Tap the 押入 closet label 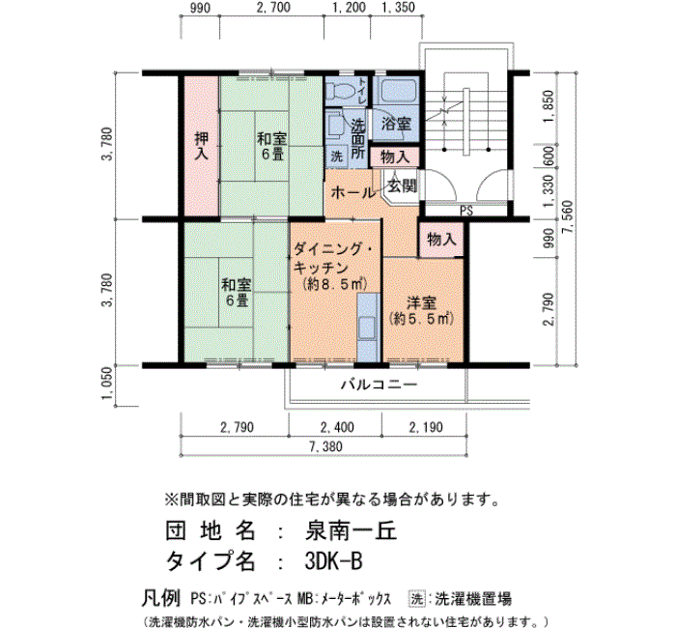point(201,146)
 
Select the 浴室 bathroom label point(396,124)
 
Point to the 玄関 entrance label point(403,186)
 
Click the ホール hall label point(352,192)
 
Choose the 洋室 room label point(422,303)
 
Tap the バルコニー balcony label point(380,385)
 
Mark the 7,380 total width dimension point(325,446)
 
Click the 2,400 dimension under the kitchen point(337,427)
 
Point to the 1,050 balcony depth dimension point(108,384)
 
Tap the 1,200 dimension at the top point(350,8)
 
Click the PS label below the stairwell point(466,211)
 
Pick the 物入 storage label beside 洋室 point(441,239)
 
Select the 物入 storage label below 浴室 point(395,157)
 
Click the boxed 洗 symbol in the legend point(416,599)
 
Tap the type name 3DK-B point(333,561)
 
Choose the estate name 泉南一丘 point(351,531)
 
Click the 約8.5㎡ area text point(334,285)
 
